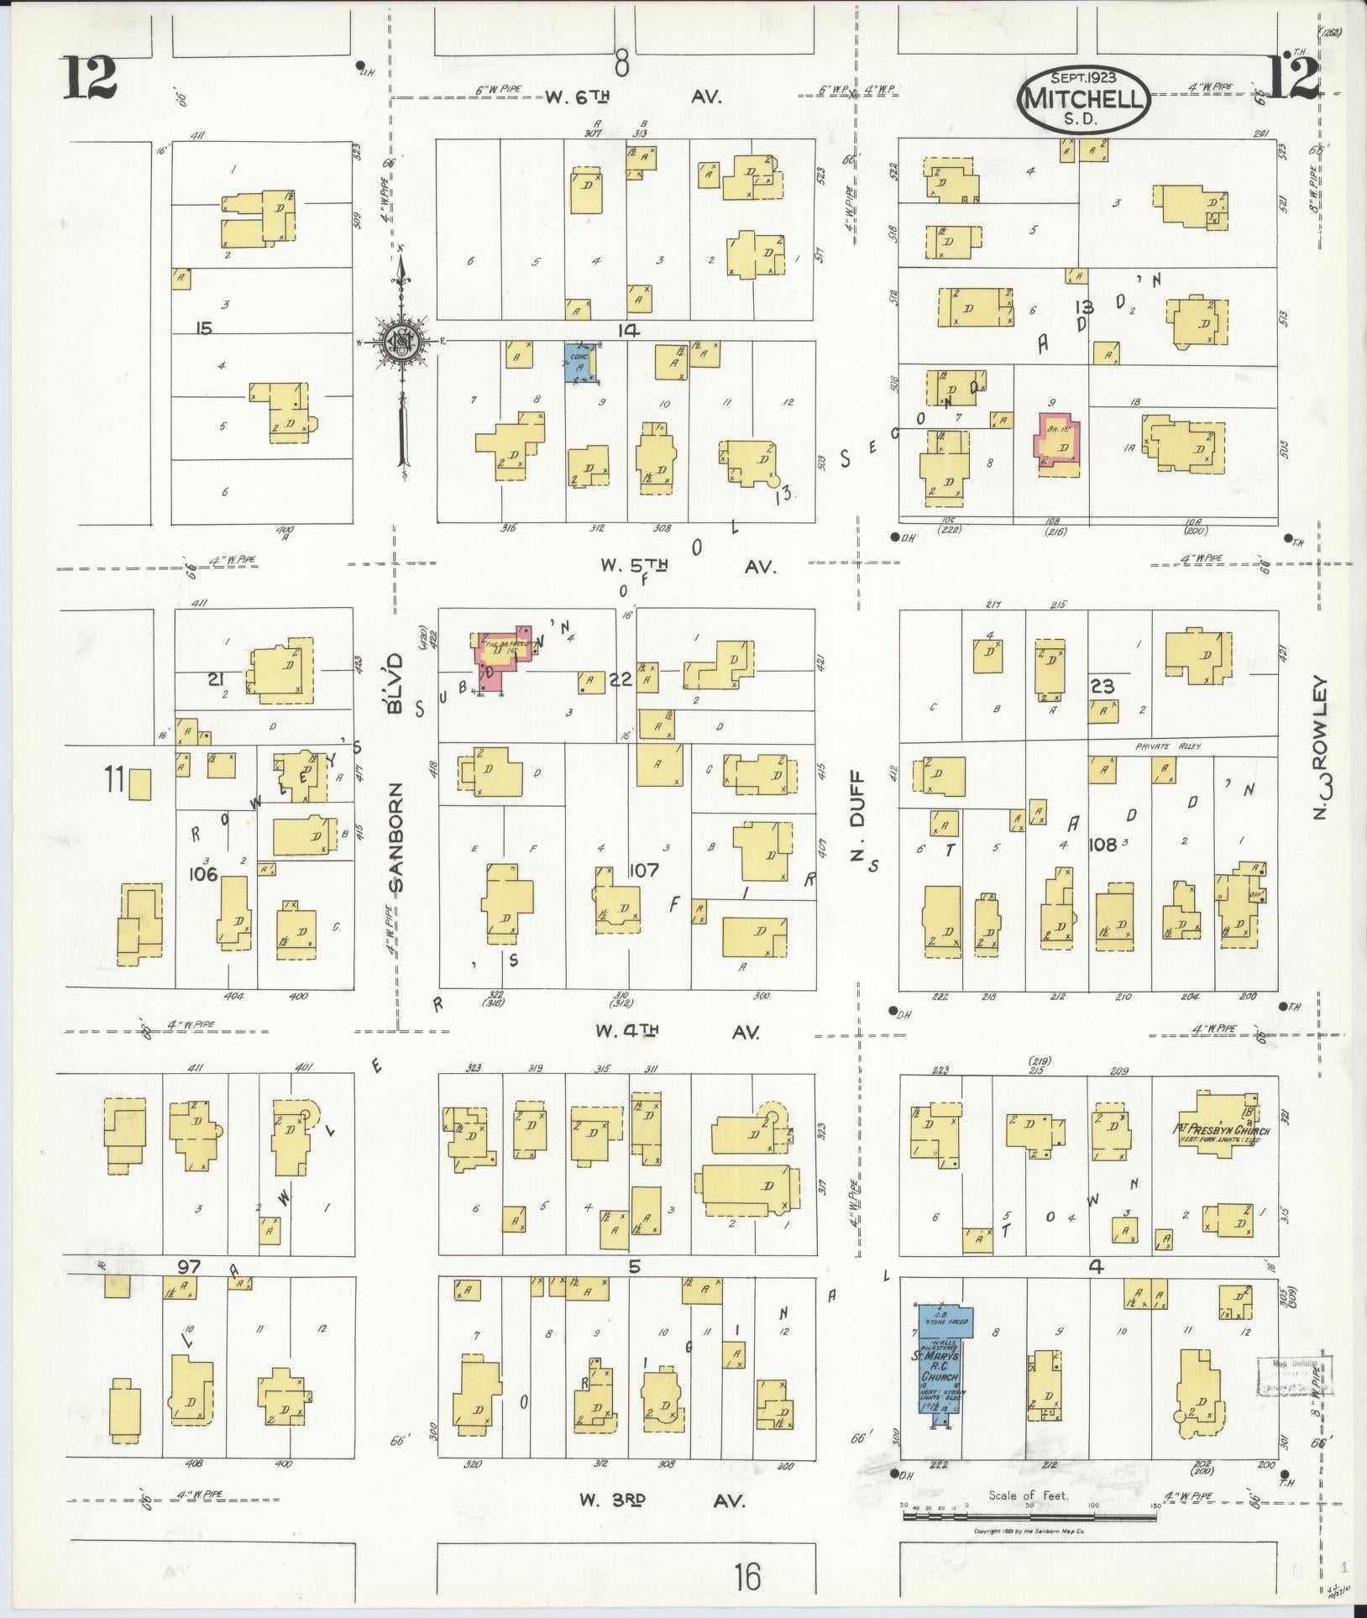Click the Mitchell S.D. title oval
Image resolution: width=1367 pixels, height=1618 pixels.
(x=1084, y=100)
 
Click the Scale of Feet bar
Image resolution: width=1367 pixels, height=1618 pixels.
(x=1029, y=1516)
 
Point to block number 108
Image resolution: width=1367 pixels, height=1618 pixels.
(x=1103, y=845)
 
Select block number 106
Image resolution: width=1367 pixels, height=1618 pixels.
(x=203, y=874)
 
